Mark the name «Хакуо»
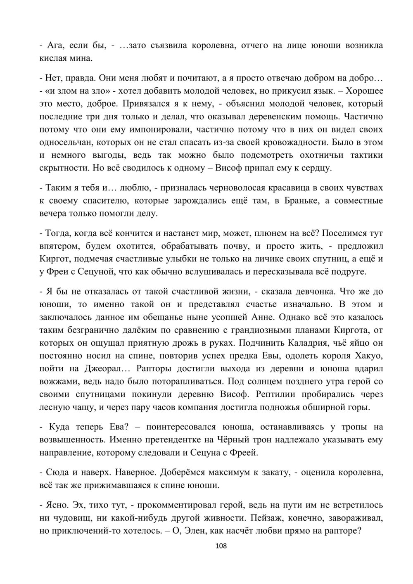point(368,356)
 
